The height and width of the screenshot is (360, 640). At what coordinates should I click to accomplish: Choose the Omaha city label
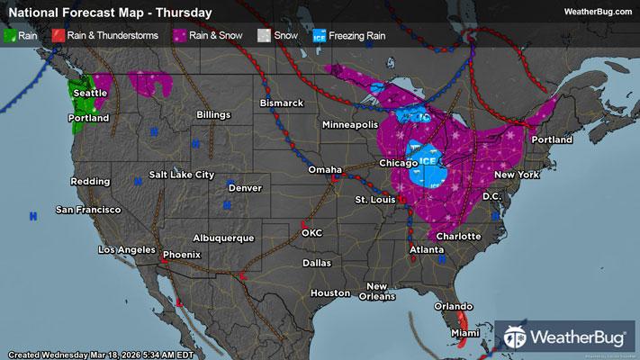point(325,169)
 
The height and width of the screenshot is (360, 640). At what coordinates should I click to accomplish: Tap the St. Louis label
point(374,198)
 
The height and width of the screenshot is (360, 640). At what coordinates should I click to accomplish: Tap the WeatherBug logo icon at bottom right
point(516,337)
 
